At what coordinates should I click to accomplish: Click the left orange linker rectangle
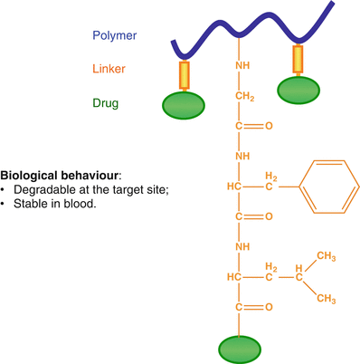click(x=185, y=75)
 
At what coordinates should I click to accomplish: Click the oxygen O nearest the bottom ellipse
click(x=268, y=308)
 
